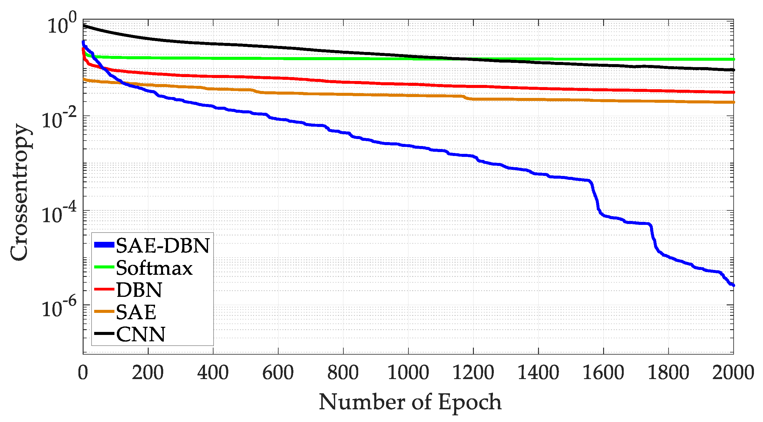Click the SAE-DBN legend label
click(x=163, y=245)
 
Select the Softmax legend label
click(x=154, y=268)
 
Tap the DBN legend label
click(x=139, y=290)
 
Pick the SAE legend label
click(x=136, y=312)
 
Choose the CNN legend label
click(x=141, y=334)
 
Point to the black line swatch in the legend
click(x=104, y=334)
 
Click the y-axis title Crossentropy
click(x=19, y=192)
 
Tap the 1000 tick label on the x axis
click(x=408, y=372)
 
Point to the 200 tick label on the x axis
click(x=148, y=372)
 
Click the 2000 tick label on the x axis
click(x=733, y=372)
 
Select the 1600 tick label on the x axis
click(x=603, y=372)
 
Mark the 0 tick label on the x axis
click(x=83, y=372)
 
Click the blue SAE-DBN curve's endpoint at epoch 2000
click(x=733, y=285)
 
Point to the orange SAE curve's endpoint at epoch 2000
click(x=733, y=102)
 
